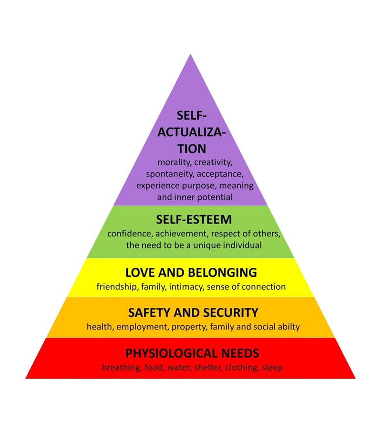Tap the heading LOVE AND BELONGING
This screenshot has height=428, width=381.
point(191,273)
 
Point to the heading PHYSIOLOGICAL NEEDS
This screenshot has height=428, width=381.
point(192,353)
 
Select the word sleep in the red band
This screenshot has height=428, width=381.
point(272,368)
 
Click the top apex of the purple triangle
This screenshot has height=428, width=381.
point(191,55)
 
